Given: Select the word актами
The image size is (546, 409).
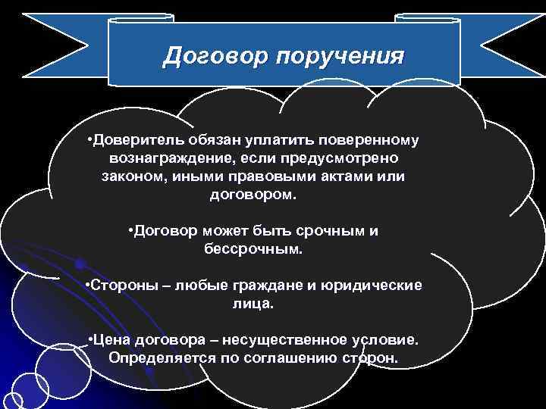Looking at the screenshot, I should [337, 177].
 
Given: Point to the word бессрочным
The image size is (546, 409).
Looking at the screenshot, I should [253, 248].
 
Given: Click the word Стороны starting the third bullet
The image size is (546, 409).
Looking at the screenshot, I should [120, 285].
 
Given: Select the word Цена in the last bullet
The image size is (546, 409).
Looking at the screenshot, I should [111, 339].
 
